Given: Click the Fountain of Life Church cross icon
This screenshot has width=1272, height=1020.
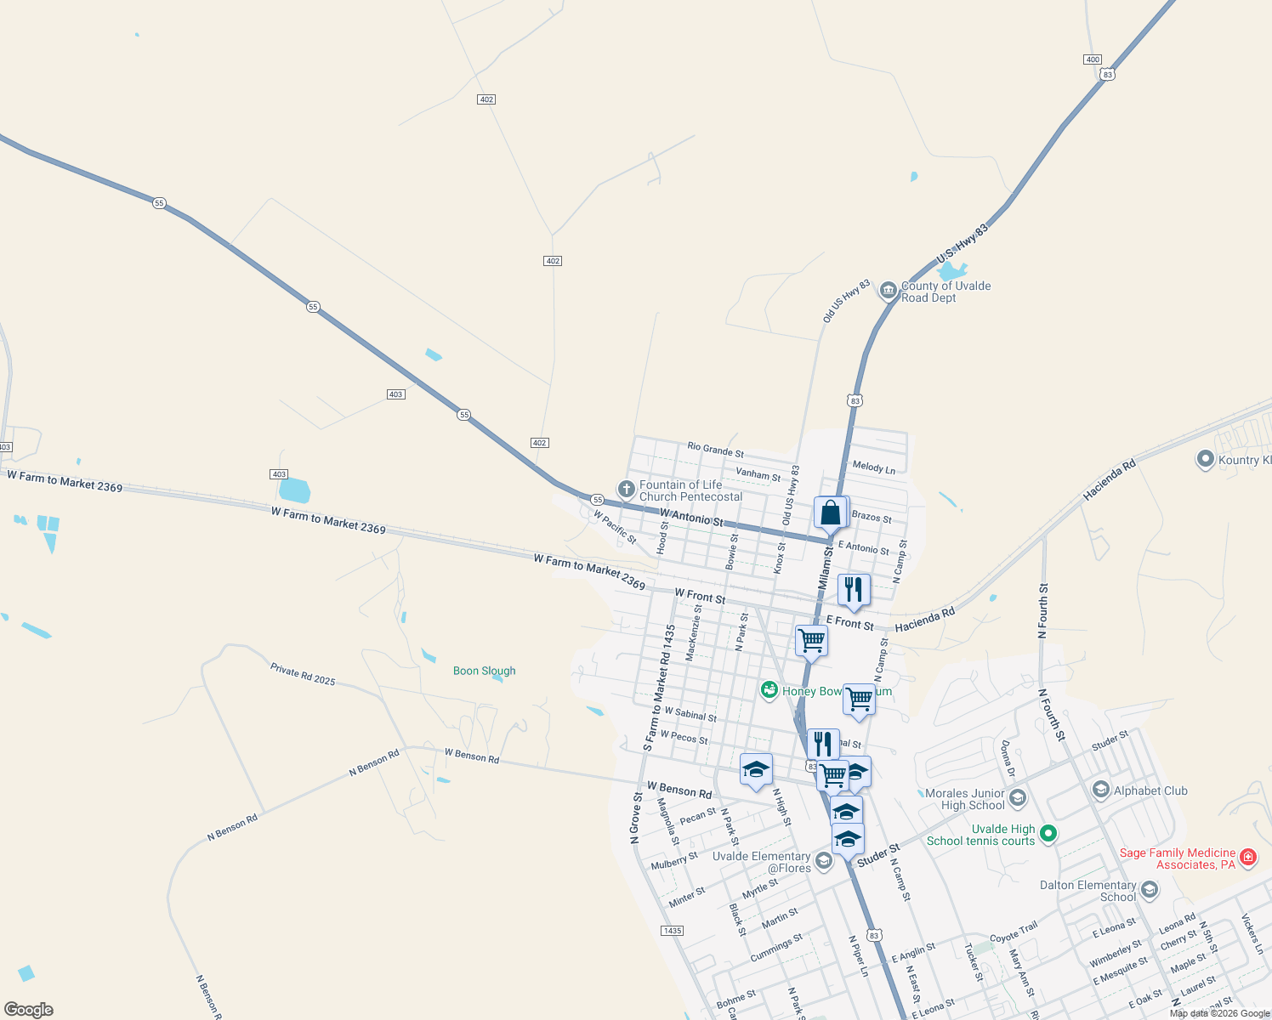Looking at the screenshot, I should tap(626, 489).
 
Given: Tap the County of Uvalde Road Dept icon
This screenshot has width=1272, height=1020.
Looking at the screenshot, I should tap(888, 291).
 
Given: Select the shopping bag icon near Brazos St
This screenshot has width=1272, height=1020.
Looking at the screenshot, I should tap(830, 513).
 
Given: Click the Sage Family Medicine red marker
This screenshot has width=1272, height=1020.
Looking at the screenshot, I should tap(1248, 857).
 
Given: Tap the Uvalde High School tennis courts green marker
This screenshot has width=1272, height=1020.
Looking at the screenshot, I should tap(1048, 834).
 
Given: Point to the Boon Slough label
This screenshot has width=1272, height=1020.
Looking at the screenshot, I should tap(484, 671).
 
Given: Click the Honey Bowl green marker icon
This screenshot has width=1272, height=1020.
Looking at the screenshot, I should tap(769, 690).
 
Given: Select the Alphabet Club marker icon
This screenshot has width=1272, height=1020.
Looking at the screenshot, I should tap(1101, 790).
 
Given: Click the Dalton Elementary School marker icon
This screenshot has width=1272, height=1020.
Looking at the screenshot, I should tap(1150, 890).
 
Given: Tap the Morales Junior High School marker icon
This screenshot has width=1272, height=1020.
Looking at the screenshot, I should tap(1018, 798).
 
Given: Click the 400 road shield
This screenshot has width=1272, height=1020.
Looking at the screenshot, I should tap(1093, 59).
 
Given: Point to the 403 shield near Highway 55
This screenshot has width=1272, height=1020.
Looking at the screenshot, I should tap(395, 394).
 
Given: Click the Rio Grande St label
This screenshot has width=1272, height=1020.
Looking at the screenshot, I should tap(715, 449).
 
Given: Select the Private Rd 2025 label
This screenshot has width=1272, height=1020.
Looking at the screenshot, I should tap(303, 674).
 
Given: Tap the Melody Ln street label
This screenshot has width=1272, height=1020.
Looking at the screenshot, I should tap(873, 467).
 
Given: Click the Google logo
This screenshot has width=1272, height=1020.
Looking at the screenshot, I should tap(29, 1010).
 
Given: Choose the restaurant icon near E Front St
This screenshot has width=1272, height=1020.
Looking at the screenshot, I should tap(854, 589).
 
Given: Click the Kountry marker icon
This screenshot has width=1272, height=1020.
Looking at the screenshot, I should tap(1205, 459).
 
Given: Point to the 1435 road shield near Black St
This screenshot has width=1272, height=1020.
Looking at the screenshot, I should tap(672, 931).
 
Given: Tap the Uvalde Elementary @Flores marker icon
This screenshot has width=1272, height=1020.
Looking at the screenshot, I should tap(823, 861).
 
